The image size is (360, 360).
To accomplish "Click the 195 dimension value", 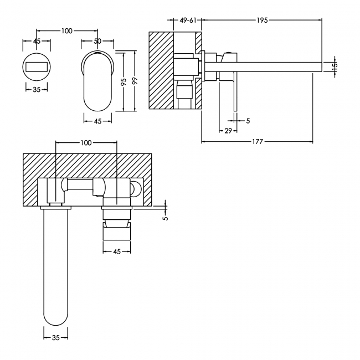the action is click(x=262, y=20).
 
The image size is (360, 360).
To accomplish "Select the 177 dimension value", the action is click(x=258, y=142).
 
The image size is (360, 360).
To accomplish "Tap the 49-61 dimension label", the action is click(x=188, y=20).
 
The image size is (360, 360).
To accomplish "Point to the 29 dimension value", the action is click(x=228, y=131).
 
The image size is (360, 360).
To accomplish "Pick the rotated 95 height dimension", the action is click(x=124, y=82).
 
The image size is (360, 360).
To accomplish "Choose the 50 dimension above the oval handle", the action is click(x=97, y=41).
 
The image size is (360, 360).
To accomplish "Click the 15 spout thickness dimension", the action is click(x=335, y=65).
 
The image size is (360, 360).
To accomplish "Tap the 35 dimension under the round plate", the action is click(x=37, y=90).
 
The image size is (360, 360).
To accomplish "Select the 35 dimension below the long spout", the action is click(x=55, y=337).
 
